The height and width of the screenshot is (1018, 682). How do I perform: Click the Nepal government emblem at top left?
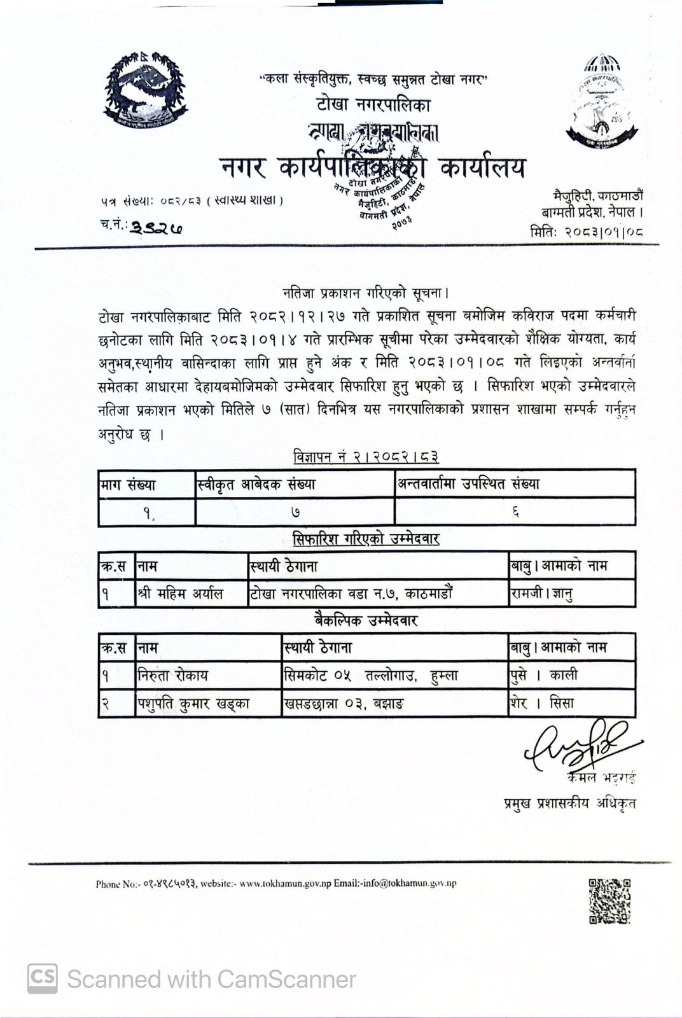coord(146,88)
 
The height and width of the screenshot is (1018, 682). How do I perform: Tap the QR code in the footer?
coord(609,900)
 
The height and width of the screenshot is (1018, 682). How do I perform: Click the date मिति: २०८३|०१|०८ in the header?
coord(586,232)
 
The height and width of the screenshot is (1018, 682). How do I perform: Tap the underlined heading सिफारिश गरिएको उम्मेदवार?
coord(366,539)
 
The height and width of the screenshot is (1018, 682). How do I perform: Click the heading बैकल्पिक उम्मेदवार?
coord(366,620)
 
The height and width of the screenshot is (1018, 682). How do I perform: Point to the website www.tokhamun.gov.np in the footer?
coord(285,883)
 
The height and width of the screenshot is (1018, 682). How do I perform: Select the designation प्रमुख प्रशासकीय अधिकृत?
coord(569,803)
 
